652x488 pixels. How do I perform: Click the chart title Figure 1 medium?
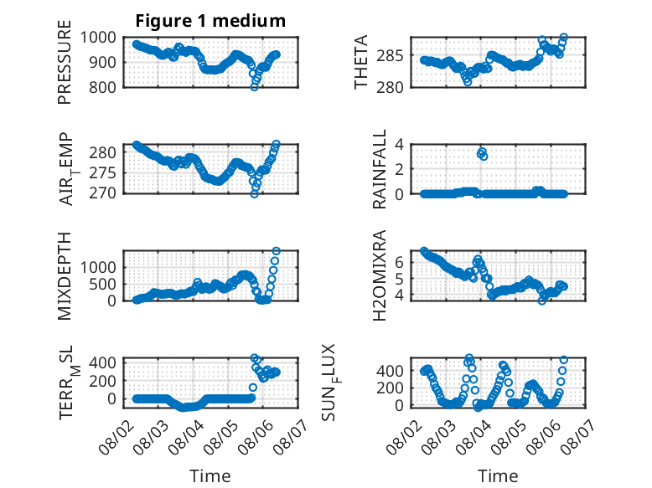coord(210,21)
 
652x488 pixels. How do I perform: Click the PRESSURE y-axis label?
coord(65,62)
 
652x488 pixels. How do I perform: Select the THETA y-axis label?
coord(361,62)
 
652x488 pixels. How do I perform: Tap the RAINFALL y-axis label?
coord(380,169)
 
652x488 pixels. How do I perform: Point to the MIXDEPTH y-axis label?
coord(65,275)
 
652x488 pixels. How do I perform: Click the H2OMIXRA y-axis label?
coord(380,275)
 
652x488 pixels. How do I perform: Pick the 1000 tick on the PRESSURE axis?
coord(98,38)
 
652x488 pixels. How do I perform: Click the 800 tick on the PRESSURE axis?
coord(102,87)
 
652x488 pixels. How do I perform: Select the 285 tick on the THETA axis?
coord(390,55)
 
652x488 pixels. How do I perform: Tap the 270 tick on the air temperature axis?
coord(102,193)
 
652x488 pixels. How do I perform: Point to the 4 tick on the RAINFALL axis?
coord(399,145)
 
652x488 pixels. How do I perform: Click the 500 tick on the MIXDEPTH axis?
coord(102,285)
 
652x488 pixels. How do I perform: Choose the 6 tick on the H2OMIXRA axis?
coord(399,262)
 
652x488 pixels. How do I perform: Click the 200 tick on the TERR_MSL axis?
coord(102,381)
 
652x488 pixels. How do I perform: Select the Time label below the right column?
coord(498,476)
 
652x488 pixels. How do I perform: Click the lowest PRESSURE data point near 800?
coord(255,87)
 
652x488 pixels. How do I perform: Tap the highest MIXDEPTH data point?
coord(276,251)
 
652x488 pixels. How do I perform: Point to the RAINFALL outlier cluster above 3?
coord(482,154)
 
